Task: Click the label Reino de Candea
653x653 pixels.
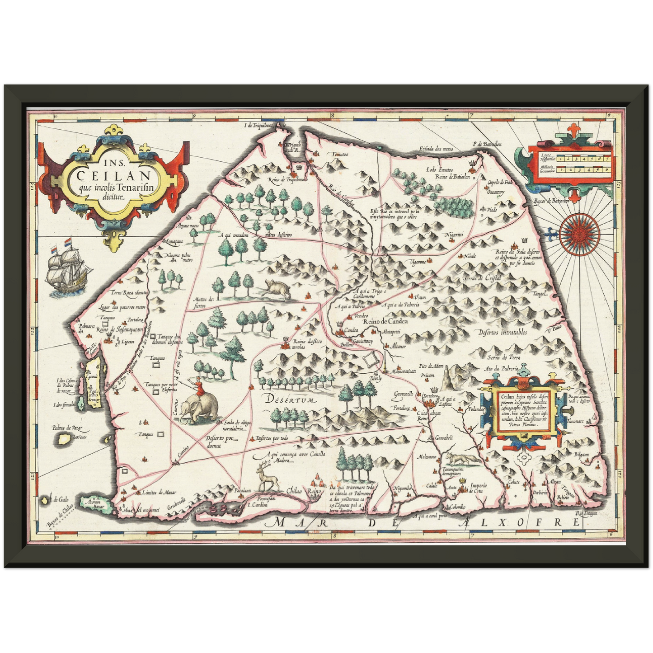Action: point(385,321)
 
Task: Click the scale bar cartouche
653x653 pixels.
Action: point(572,164)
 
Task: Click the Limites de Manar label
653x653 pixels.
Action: point(159,493)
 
